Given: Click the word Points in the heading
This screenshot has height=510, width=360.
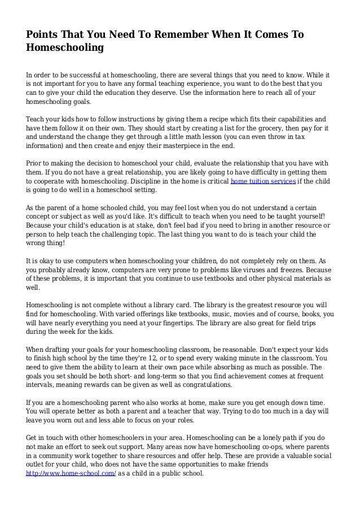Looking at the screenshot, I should [43, 35].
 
